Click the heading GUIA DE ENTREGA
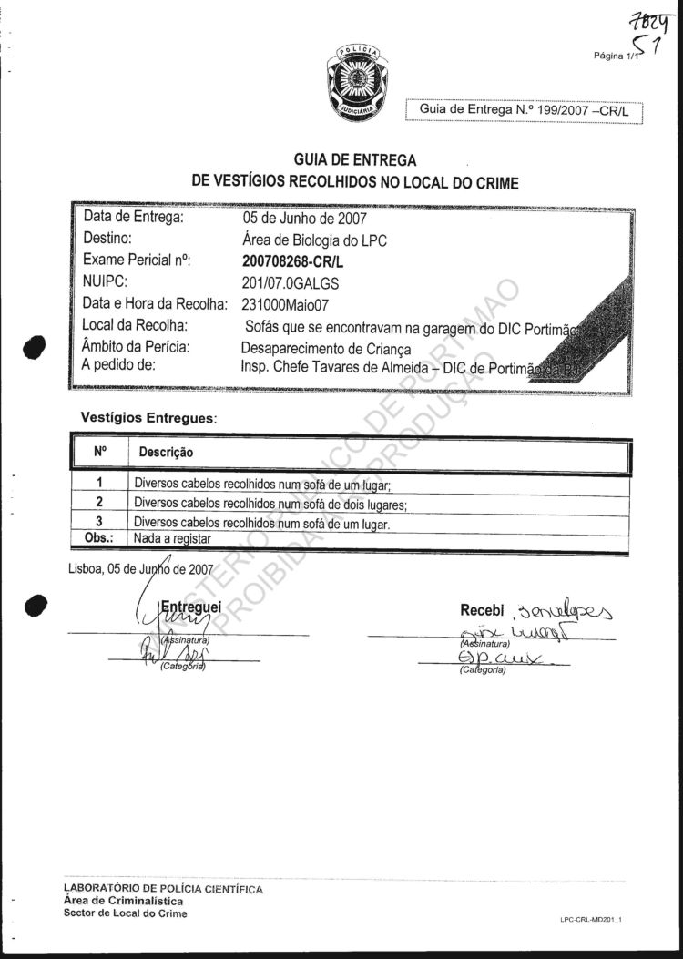pyautogui.click(x=355, y=161)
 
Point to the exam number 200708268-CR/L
pyautogui.click(x=293, y=260)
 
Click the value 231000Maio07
pyautogui.click(x=289, y=303)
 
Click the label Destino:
pyautogui.click(x=108, y=240)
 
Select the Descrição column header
pyautogui.click(x=166, y=452)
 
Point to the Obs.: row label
pyautogui.click(x=97, y=538)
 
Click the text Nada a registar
pyautogui.click(x=172, y=538)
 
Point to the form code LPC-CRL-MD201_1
pyautogui.click(x=596, y=920)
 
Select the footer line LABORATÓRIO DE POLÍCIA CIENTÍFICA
pyautogui.click(x=163, y=888)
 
